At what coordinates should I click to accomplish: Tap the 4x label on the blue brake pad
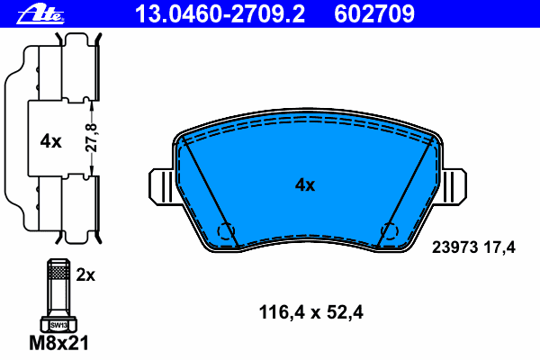pyautogui.click(x=305, y=185)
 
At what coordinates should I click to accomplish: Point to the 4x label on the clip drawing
pyautogui.click(x=50, y=140)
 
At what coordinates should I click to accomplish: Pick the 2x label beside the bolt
pyautogui.click(x=85, y=275)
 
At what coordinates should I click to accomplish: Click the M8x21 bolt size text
pyautogui.click(x=57, y=342)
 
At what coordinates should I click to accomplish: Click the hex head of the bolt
pyautogui.click(x=57, y=322)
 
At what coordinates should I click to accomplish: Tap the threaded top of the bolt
pyautogui.click(x=57, y=269)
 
